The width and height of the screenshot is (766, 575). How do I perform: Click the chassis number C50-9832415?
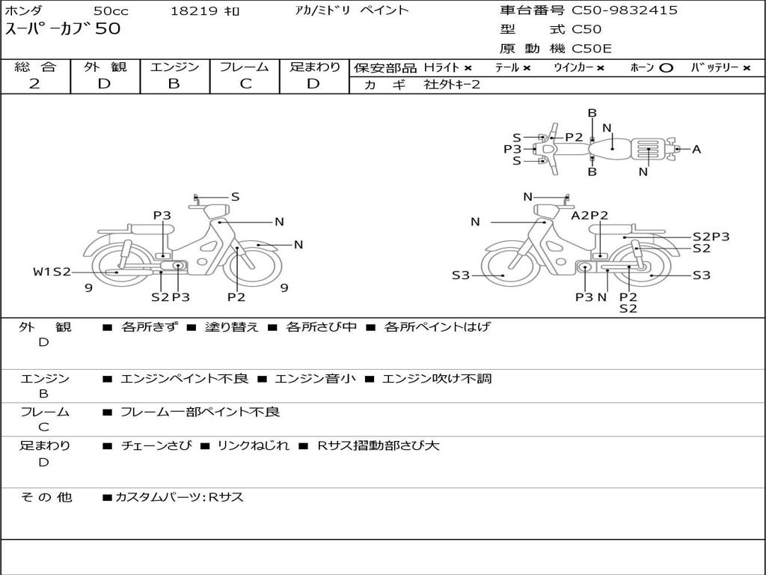click(625, 10)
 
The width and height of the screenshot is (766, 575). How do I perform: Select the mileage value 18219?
click(194, 11)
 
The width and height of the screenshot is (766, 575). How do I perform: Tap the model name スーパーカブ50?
click(63, 30)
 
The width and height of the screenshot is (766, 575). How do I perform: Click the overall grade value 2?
click(34, 84)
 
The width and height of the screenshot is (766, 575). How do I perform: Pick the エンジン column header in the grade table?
click(174, 67)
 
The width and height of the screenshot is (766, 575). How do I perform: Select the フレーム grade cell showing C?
click(245, 84)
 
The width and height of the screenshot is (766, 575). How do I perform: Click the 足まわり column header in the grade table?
click(315, 67)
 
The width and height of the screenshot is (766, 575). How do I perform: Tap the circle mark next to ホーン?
click(667, 68)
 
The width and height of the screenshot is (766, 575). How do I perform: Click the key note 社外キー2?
click(453, 85)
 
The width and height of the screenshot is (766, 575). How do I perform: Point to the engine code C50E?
click(592, 49)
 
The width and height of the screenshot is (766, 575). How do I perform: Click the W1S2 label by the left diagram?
click(52, 272)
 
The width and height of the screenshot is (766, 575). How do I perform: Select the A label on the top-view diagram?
click(696, 150)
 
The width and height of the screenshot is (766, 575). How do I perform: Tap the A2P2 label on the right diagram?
click(589, 216)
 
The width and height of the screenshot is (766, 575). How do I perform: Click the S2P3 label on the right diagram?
click(711, 237)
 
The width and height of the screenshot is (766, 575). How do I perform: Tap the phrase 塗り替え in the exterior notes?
click(231, 327)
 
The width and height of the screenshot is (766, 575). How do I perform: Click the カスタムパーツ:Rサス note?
click(180, 497)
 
